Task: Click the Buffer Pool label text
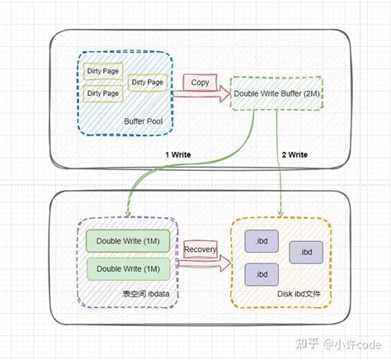tap(142, 122)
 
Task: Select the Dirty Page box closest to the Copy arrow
tap(148, 82)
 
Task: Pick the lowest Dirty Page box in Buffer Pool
tap(103, 93)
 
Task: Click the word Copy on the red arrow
tap(200, 83)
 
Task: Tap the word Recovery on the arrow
tap(200, 249)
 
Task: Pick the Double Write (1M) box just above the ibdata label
tap(128, 269)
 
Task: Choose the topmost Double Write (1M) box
tap(128, 241)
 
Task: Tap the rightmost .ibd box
tap(305, 252)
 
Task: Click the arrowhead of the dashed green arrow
tap(285, 216)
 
